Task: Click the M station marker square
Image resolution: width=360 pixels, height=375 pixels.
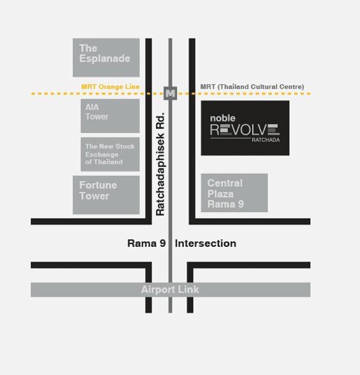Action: [170, 93]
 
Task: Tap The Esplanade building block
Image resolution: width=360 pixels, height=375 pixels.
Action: [106, 58]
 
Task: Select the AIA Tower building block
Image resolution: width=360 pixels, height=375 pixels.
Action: [110, 116]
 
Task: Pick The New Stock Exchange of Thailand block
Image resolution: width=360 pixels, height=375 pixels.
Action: [110, 154]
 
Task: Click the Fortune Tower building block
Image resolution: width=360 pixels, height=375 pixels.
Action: [106, 195]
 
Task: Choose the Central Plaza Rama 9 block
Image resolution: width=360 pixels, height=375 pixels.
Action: [234, 193]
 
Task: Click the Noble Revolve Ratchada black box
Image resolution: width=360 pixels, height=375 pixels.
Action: [245, 128]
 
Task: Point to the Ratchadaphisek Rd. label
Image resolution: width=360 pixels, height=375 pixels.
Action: [160, 164]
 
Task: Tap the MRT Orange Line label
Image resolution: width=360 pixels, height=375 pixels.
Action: [111, 86]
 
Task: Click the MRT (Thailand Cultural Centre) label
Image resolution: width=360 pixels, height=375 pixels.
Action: [252, 86]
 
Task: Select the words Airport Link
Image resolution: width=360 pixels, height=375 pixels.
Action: [170, 290]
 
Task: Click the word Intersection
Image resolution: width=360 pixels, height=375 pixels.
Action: [206, 243]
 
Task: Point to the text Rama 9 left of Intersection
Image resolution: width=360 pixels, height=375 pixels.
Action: [147, 243]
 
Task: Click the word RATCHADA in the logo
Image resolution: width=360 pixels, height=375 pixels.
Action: [266, 140]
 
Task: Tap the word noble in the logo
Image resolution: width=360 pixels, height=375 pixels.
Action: [223, 118]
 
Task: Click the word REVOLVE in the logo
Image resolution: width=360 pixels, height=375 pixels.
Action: [245, 130]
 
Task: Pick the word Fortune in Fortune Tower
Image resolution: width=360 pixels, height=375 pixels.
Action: [98, 185]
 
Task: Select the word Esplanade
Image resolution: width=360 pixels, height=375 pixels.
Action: [104, 59]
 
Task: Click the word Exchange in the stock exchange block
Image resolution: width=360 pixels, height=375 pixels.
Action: [102, 155]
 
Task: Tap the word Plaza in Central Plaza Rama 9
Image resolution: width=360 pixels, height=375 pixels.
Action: [221, 194]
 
